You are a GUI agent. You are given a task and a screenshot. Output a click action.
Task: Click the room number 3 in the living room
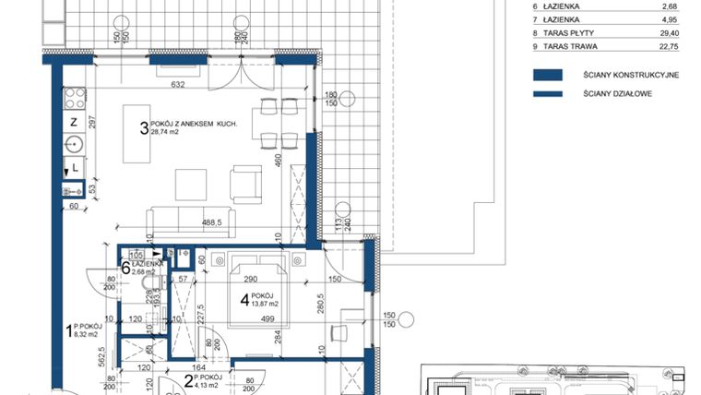coord(144,129)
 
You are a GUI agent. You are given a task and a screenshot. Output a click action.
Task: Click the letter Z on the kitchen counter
coord(73,122)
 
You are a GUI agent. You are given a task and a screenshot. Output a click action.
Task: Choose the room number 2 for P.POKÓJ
coord(187,380)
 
